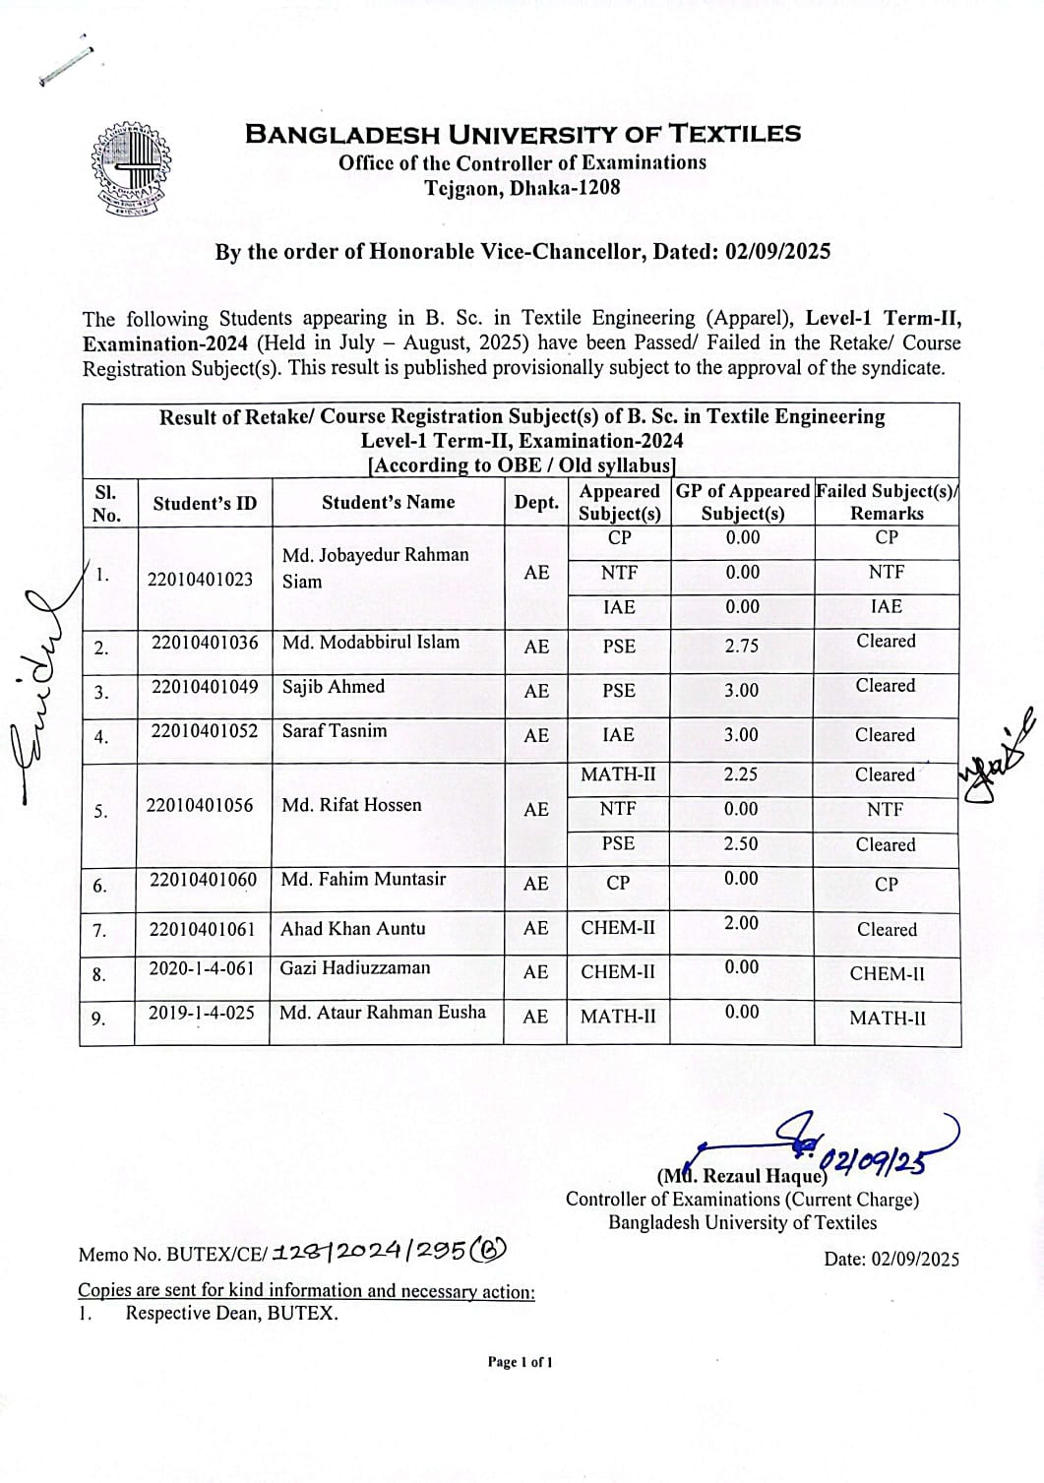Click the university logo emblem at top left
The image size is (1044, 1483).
pyautogui.click(x=131, y=170)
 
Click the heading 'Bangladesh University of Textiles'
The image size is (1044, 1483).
pyautogui.click(x=522, y=134)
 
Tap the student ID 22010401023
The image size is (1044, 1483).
pyautogui.click(x=201, y=579)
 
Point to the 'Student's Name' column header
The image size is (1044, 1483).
pyautogui.click(x=388, y=502)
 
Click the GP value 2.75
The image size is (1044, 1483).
pyautogui.click(x=742, y=646)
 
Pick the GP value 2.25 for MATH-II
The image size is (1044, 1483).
pyautogui.click(x=741, y=774)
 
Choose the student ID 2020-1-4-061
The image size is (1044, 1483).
pyautogui.click(x=201, y=968)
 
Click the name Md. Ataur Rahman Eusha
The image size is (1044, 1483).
pyautogui.click(x=383, y=1012)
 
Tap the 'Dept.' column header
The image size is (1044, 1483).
pyautogui.click(x=536, y=502)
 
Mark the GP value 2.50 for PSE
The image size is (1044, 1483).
pyautogui.click(x=741, y=844)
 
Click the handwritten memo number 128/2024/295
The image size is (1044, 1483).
pyautogui.click(x=389, y=1251)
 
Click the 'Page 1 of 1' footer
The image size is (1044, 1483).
pyautogui.click(x=521, y=1362)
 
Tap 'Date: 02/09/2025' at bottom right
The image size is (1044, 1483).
pyautogui.click(x=890, y=1259)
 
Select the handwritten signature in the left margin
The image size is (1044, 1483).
pyautogui.click(x=37, y=679)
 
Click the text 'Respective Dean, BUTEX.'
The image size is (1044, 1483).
pyautogui.click(x=231, y=1313)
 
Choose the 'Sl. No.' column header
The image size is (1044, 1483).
pyautogui.click(x=106, y=503)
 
